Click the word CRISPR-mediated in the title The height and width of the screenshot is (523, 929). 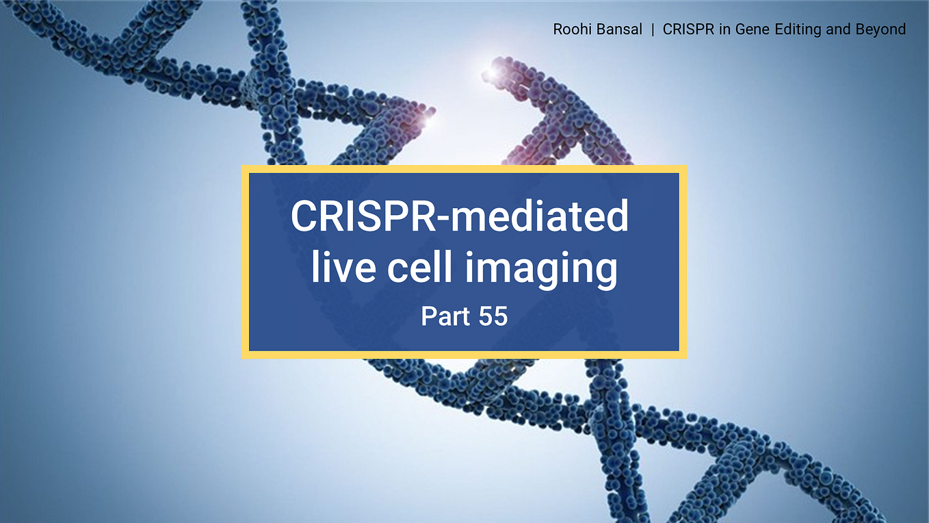point(460,216)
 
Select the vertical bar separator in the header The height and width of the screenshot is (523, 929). point(653,29)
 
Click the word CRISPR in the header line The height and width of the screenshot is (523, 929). point(685,29)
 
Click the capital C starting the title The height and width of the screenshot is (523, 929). point(304,216)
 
